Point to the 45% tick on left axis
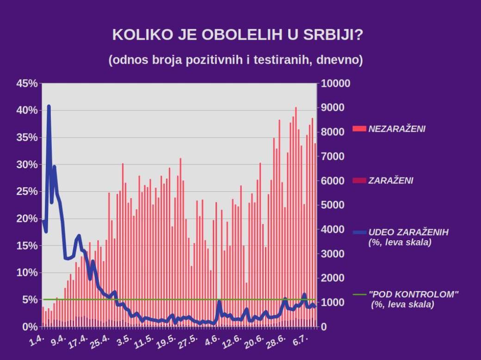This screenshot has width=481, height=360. tap(26, 84)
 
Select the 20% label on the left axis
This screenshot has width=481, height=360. tap(26, 219)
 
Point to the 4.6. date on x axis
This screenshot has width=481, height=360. tap(212, 342)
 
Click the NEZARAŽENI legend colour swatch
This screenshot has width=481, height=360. tap(359, 129)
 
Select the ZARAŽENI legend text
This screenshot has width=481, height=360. tap(391, 181)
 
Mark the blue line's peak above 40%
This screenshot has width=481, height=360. tap(49, 107)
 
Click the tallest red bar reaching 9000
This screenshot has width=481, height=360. tap(296, 108)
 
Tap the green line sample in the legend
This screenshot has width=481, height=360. tap(359, 294)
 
